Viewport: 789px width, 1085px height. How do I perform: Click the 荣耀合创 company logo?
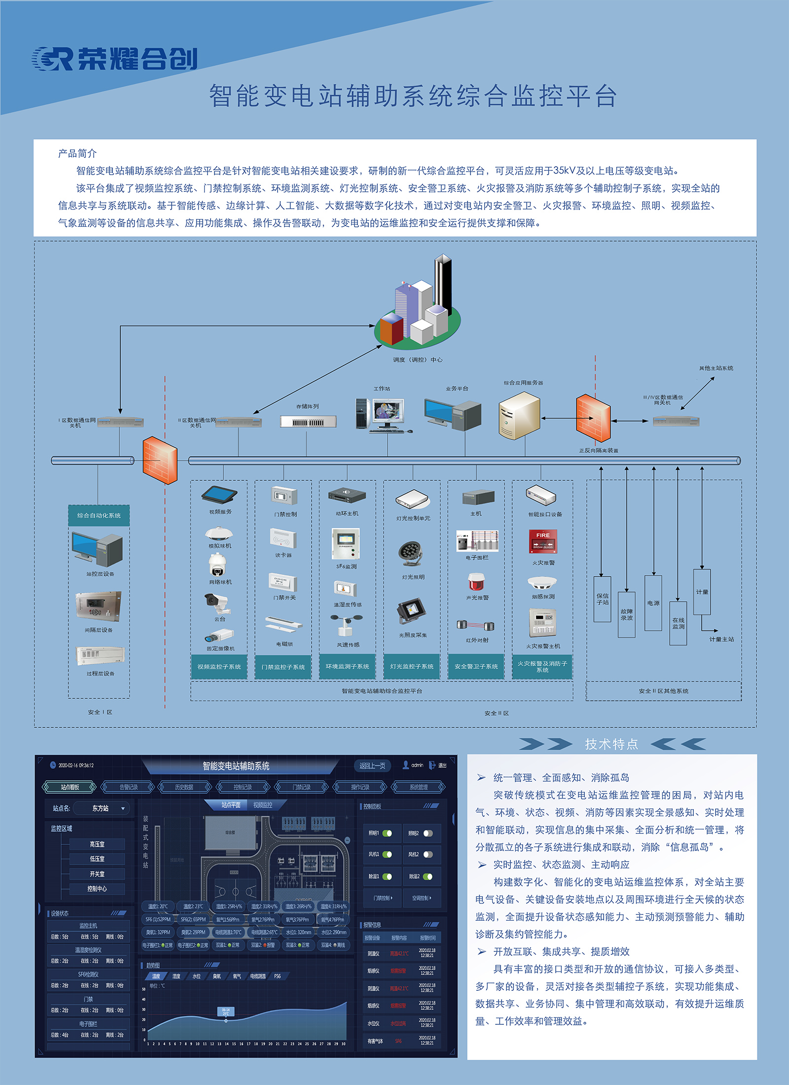[114, 59]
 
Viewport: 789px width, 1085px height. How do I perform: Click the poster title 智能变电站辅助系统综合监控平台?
[413, 96]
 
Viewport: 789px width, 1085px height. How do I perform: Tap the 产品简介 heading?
[77, 153]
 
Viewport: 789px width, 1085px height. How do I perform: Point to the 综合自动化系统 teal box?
[99, 515]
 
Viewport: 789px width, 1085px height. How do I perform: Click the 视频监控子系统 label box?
[219, 667]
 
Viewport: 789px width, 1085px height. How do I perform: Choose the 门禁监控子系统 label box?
[283, 667]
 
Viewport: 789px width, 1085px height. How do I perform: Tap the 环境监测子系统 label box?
[347, 667]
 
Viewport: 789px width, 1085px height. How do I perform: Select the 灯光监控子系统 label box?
[412, 667]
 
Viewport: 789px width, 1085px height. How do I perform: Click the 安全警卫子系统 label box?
[476, 667]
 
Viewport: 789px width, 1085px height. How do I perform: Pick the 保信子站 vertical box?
[602, 599]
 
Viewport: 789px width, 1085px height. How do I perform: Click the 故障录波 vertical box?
[626, 614]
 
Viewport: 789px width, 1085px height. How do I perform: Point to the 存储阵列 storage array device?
[308, 422]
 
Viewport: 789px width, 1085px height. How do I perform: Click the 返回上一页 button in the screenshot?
[372, 765]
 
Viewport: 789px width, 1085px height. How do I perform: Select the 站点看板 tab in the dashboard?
[70, 787]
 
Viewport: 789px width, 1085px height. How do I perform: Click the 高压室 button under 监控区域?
[97, 844]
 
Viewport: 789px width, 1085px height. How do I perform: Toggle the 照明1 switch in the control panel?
[387, 833]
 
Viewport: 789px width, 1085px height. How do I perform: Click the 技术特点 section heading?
[611, 744]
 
